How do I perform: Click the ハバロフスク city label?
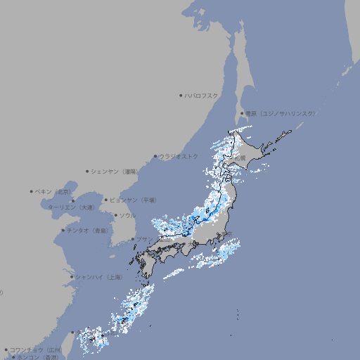[x=202, y=96]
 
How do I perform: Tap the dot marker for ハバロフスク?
[x=181, y=96]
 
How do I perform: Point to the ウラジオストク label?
[x=179, y=156]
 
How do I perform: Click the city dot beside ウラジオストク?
[x=155, y=157]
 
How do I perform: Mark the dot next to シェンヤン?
[x=87, y=171]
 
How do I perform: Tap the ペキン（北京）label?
[x=53, y=191]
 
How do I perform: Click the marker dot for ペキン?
[x=32, y=191]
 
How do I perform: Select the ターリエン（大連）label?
[x=70, y=207]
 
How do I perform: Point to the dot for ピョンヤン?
[x=106, y=200]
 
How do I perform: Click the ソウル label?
[x=127, y=215]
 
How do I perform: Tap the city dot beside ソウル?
[x=115, y=215]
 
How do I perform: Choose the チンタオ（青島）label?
[x=88, y=231]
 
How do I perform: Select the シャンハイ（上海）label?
[x=98, y=277]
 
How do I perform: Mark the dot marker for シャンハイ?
[x=72, y=277]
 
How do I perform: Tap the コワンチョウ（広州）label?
[x=35, y=349]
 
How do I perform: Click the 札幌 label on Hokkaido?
[x=241, y=159]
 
